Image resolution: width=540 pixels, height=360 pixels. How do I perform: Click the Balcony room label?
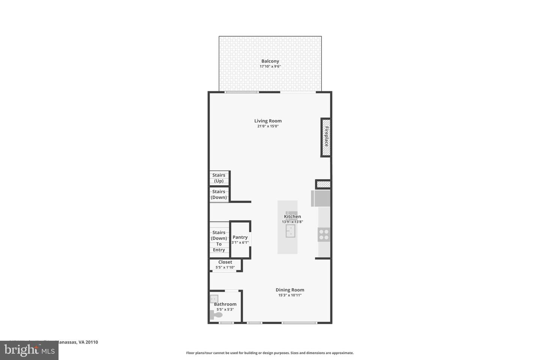pos(270,61)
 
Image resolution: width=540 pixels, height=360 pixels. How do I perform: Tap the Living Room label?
pos(268,121)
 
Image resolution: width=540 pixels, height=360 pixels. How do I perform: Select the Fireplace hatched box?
pos(326,137)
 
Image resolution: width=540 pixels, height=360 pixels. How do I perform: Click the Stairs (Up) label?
pos(219,178)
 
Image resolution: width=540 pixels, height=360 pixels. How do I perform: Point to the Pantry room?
pos(240,239)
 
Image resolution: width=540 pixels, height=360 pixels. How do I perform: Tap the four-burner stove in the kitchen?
pos(324,235)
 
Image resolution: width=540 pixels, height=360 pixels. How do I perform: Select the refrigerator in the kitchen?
pos(321,198)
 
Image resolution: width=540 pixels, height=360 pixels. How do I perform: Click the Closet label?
pos(225,262)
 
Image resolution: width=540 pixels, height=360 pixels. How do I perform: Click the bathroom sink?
pos(214,299)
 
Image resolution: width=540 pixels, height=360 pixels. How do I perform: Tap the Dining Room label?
pos(290,290)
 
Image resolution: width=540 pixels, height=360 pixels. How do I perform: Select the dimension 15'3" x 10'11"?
pos(290,295)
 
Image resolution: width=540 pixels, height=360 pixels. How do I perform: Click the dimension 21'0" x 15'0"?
pos(268,126)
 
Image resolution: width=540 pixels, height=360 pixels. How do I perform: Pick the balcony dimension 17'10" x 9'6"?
pos(270,67)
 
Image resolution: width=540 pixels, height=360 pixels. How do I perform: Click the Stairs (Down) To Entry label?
pos(219,241)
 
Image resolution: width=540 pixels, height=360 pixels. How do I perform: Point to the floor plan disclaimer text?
pos(270,353)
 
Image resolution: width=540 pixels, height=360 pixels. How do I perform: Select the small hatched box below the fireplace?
pos(323,184)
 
